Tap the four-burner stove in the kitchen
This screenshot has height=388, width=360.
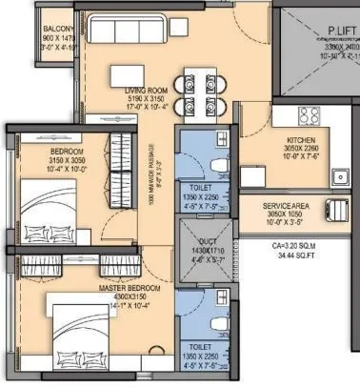(x=310, y=117)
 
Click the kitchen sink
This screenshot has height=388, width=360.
(x=340, y=175)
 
